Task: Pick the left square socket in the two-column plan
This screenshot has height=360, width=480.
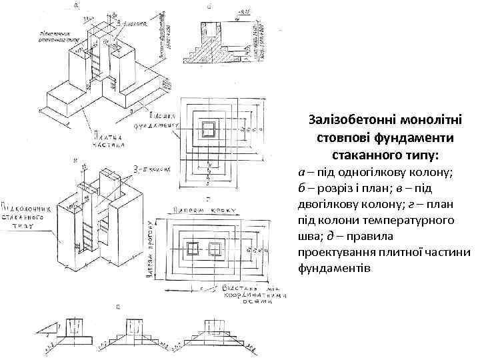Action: [194, 249]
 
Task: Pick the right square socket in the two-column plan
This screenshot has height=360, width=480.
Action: [215, 249]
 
